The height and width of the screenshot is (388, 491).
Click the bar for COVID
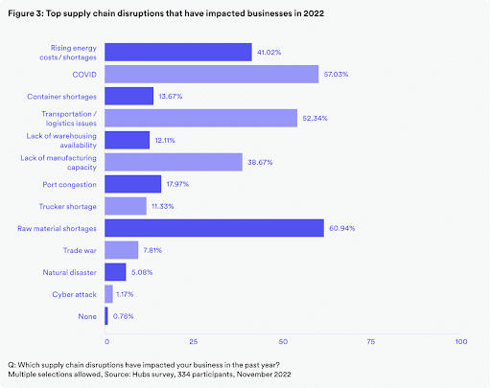click(x=212, y=74)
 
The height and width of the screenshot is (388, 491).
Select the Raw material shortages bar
click(x=214, y=228)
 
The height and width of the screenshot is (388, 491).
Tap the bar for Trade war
click(x=122, y=250)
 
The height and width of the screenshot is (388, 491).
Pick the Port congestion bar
click(x=133, y=184)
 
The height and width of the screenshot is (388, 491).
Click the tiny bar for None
click(x=106, y=316)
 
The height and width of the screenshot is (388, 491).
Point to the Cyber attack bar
click(x=108, y=294)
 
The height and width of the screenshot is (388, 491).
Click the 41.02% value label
click(x=269, y=53)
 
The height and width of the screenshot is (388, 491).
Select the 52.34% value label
click(x=315, y=119)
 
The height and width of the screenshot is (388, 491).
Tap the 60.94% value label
click(x=342, y=228)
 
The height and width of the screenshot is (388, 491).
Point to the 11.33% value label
click(x=163, y=206)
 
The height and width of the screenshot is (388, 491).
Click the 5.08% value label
click(x=142, y=272)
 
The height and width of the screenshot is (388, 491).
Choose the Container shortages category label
click(x=61, y=97)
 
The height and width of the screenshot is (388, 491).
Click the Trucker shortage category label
click(x=68, y=207)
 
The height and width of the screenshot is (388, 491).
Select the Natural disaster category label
click(x=70, y=272)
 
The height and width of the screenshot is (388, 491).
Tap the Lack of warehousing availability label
click(x=61, y=141)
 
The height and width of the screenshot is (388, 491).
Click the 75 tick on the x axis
click(x=371, y=342)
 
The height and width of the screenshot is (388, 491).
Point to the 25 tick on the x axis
click(x=194, y=342)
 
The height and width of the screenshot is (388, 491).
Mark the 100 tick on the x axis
click(x=461, y=342)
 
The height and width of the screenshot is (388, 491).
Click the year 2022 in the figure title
click(x=314, y=13)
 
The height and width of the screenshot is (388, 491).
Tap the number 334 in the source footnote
click(x=183, y=375)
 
